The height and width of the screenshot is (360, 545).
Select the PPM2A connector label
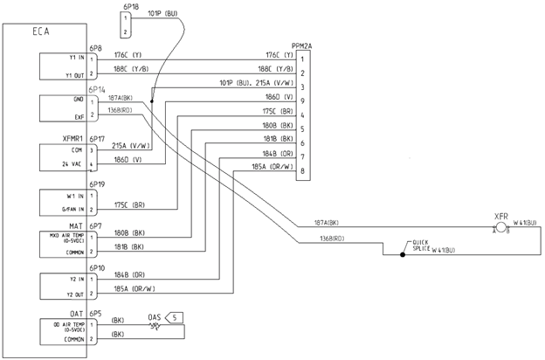point(302,42)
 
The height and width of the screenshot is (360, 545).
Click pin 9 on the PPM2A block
point(301,100)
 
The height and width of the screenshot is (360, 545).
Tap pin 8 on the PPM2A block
point(301,172)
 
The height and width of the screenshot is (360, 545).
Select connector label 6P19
point(96,184)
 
